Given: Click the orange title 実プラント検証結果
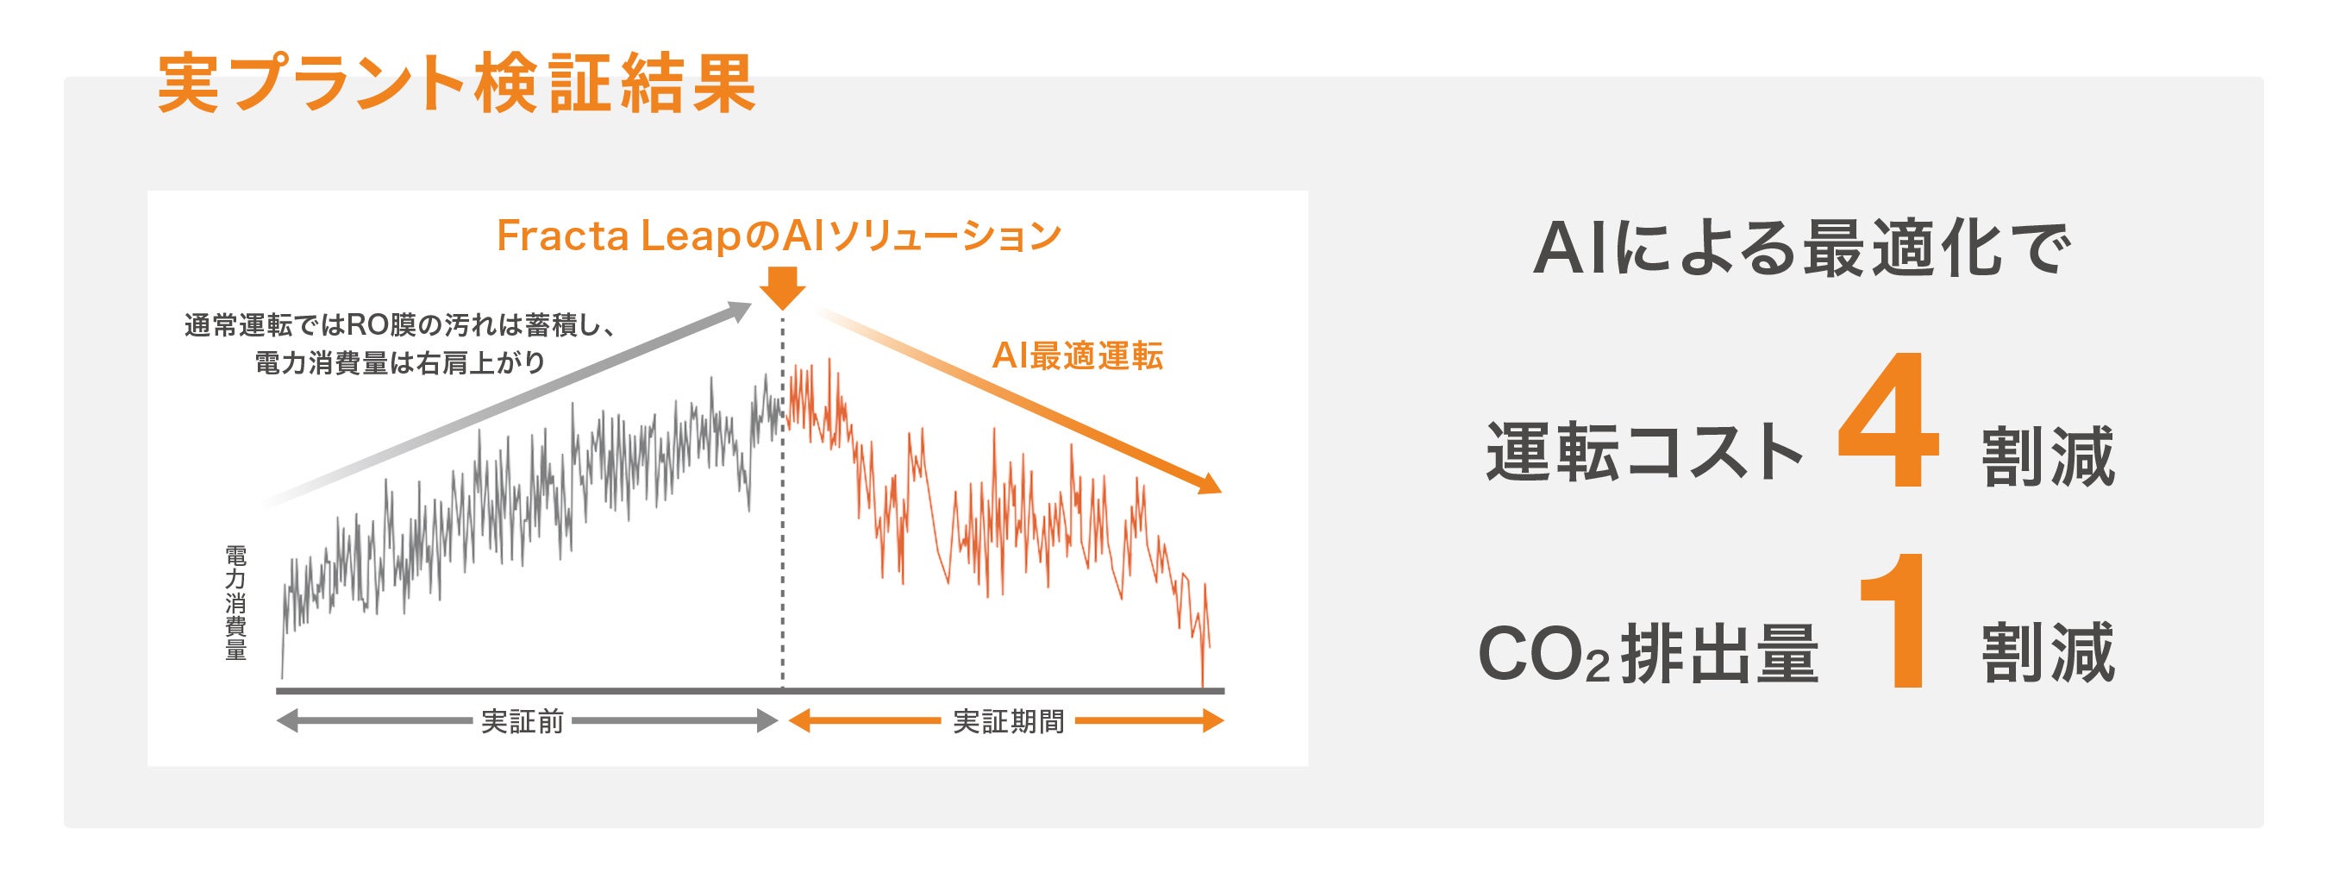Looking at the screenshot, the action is click(456, 84).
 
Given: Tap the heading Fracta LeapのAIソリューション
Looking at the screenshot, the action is click(779, 236).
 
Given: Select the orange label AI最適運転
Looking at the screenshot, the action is click(1077, 356).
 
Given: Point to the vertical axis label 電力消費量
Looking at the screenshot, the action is click(236, 602).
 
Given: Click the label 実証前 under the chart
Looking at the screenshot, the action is click(523, 721).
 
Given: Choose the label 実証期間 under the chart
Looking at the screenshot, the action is click(1009, 721).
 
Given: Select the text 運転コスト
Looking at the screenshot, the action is click(1645, 451).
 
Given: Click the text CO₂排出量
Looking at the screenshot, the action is click(1649, 653).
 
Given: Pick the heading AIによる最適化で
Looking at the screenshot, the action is click(1802, 248).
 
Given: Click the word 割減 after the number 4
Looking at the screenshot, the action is click(2049, 455).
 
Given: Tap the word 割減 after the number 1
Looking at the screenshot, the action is click(2049, 652).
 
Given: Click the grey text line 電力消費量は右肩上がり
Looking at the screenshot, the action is click(400, 362).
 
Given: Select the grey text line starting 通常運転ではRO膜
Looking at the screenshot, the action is click(400, 324).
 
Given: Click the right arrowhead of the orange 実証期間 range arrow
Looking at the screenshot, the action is click(1213, 721).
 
